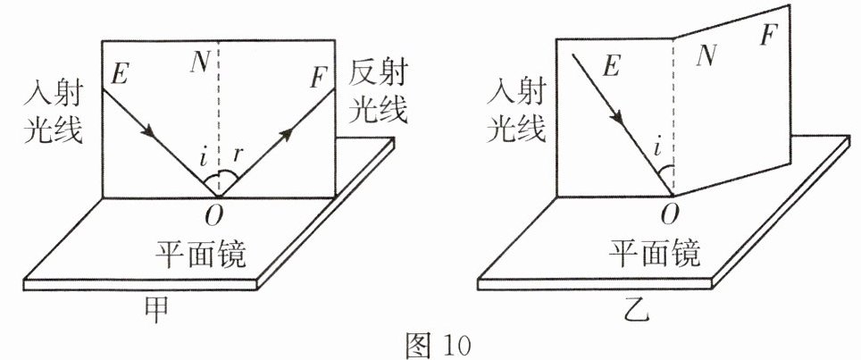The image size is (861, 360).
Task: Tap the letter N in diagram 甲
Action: [x=201, y=61]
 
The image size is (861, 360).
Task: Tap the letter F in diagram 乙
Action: [x=771, y=36]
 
